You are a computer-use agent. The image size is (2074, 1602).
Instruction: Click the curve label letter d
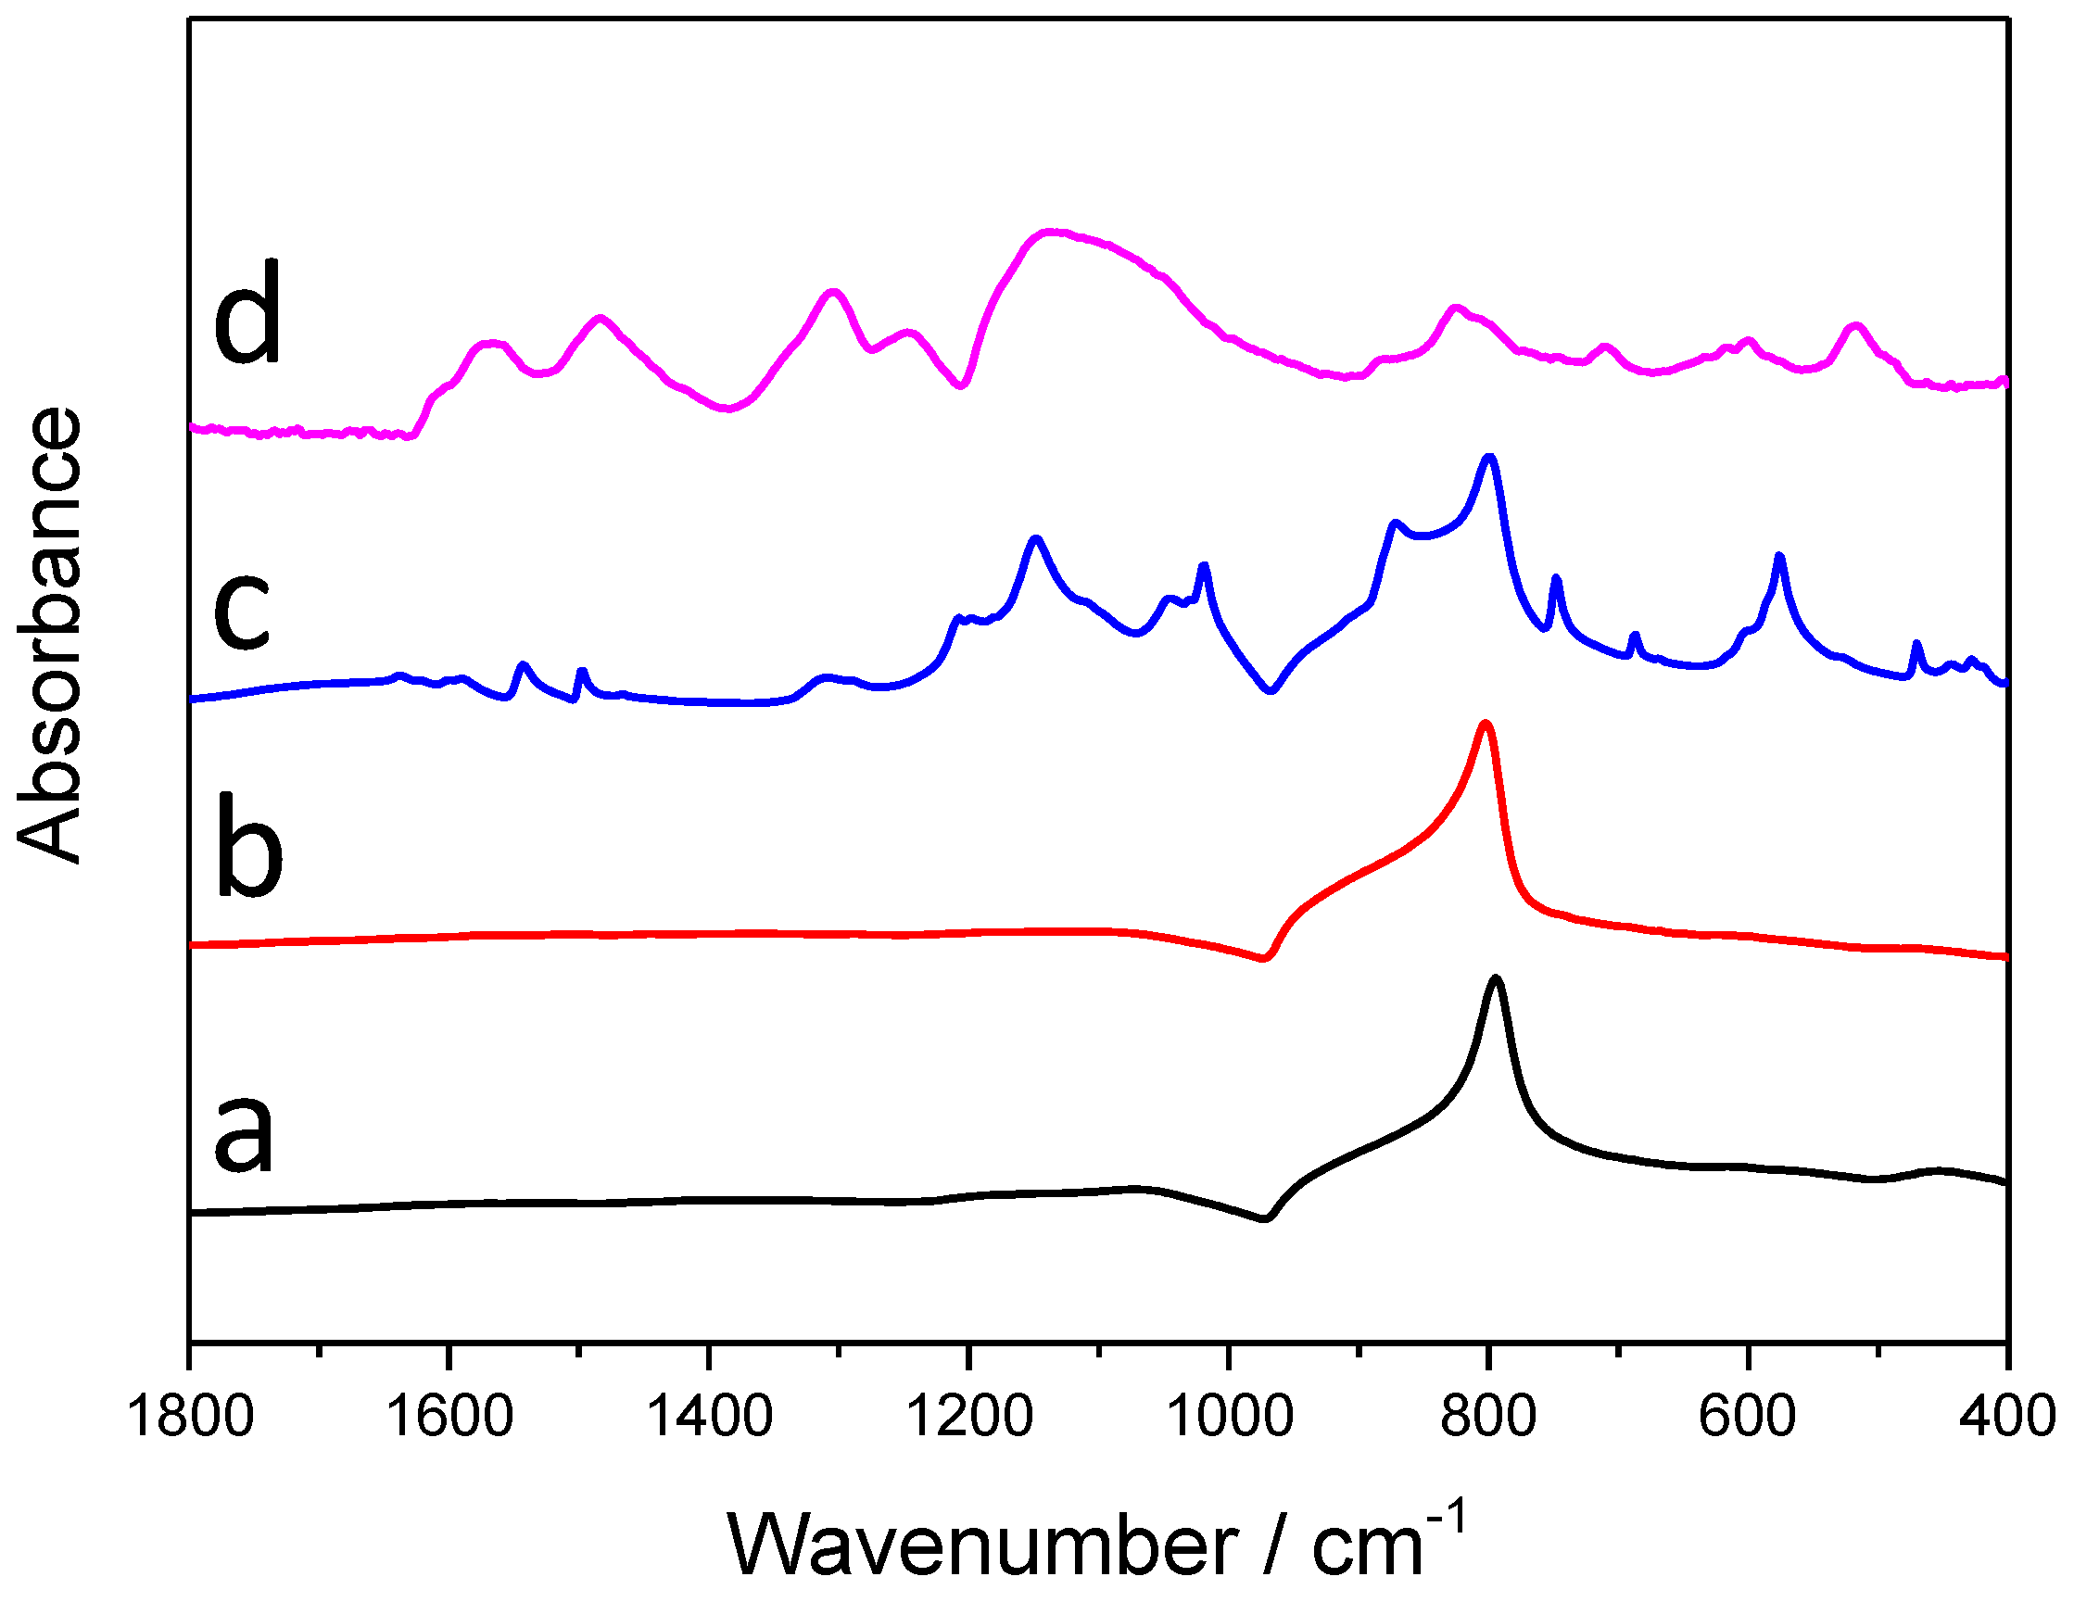point(247,313)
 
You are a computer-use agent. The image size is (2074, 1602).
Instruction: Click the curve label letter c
point(243,612)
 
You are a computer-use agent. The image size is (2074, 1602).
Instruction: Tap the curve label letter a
point(243,1135)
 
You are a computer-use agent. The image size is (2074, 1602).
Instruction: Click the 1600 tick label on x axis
point(449,1418)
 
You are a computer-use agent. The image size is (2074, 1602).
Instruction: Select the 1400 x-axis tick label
point(708,1418)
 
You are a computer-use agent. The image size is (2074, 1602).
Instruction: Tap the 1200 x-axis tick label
point(968,1418)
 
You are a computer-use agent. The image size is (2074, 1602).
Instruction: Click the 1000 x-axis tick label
point(1229,1418)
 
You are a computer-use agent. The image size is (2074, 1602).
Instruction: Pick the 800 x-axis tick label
point(1488,1418)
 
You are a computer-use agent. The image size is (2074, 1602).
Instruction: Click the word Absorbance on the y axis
point(49,635)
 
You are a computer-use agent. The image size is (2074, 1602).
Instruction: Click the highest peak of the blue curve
point(1488,458)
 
